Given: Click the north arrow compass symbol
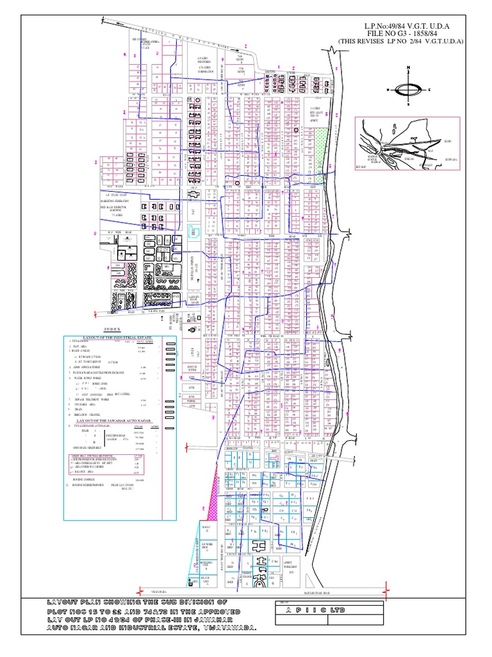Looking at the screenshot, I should (407, 90).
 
